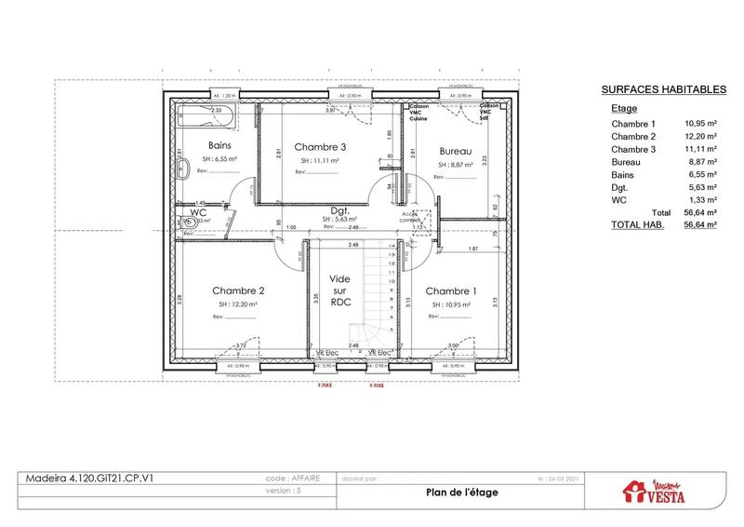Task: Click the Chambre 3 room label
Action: click(x=320, y=147)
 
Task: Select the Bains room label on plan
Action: click(x=219, y=146)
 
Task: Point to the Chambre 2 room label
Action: click(x=239, y=290)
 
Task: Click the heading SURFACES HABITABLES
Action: click(x=663, y=89)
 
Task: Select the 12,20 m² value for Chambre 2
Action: click(x=700, y=137)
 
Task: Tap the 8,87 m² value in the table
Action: click(x=700, y=162)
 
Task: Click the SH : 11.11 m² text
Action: click(x=319, y=161)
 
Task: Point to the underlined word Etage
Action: click(x=624, y=109)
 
